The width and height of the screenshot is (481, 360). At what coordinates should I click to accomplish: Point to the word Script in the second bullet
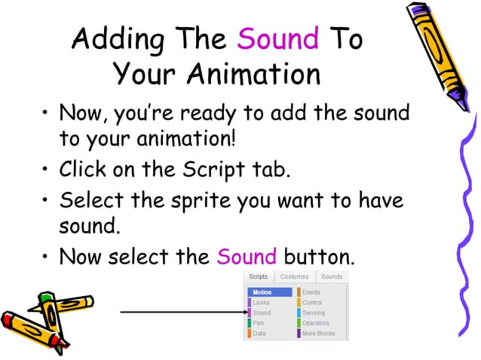213,169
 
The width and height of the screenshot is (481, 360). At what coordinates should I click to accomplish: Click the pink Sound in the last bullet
247,258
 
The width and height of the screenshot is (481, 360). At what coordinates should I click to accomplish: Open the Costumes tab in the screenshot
294,277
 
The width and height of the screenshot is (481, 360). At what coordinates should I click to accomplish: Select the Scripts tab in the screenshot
259,277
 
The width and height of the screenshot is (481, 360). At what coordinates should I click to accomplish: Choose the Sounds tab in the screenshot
332,277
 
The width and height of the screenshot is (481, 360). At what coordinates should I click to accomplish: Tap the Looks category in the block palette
261,303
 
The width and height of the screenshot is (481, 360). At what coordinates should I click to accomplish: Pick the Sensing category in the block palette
314,313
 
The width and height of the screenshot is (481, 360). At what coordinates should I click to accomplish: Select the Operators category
316,323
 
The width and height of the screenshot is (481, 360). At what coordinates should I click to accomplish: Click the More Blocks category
319,333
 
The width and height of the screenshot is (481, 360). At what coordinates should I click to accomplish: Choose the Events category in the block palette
311,292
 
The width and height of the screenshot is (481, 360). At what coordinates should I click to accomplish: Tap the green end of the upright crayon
47,299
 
